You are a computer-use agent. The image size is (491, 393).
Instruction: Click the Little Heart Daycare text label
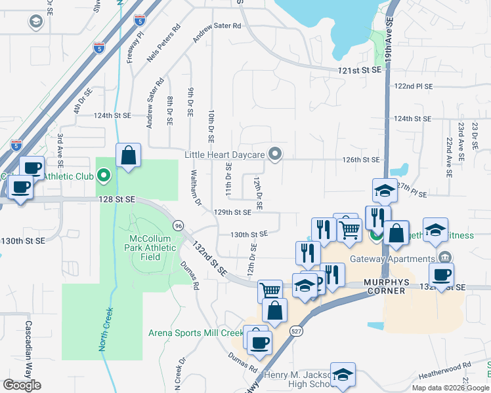224,155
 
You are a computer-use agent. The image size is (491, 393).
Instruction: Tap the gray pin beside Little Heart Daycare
276,155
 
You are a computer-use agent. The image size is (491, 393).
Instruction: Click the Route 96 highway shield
178,225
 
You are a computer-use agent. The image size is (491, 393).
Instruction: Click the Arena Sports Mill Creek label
195,333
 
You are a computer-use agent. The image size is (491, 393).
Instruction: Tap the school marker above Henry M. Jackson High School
343,375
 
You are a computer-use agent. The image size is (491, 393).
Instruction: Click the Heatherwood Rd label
448,369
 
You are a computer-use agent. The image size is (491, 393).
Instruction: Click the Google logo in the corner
22,385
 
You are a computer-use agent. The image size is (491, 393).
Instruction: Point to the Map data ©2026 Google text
450,388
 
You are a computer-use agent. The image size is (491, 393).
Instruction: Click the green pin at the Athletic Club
103,176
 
